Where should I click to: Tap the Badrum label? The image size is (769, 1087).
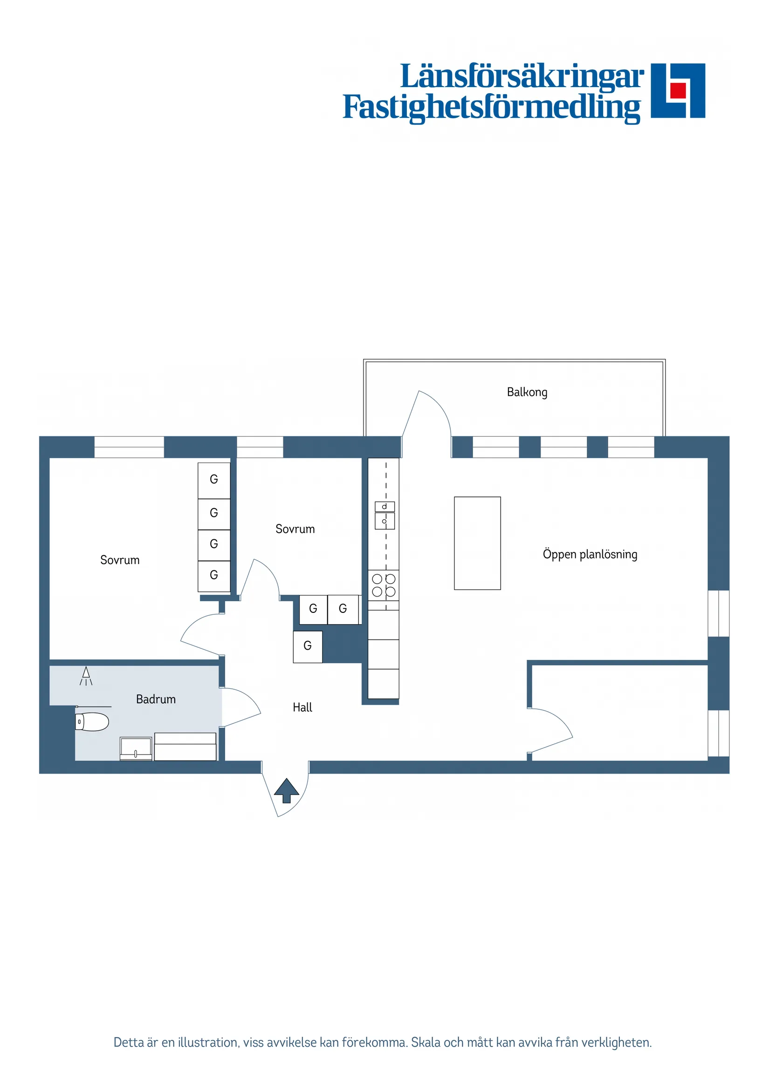[x=155, y=699]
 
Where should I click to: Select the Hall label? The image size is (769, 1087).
[x=302, y=707]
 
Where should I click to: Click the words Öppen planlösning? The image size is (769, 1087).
[x=590, y=554]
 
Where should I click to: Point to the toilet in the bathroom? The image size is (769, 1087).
[x=92, y=722]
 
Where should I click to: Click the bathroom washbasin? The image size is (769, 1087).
[x=136, y=749]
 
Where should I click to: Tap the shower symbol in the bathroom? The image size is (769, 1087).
[x=86, y=677]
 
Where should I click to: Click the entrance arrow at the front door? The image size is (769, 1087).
[x=287, y=791]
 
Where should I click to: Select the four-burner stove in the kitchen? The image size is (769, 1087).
[x=383, y=585]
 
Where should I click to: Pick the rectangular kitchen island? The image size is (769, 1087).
[x=477, y=543]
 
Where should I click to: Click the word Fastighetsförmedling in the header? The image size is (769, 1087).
[x=491, y=108]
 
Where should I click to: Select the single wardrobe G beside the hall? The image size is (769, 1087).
[x=308, y=647]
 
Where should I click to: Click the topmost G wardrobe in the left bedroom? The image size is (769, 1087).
[x=214, y=480]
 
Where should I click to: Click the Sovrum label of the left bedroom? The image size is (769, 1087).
[x=120, y=560]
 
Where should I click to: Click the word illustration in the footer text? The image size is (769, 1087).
[x=208, y=1042]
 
